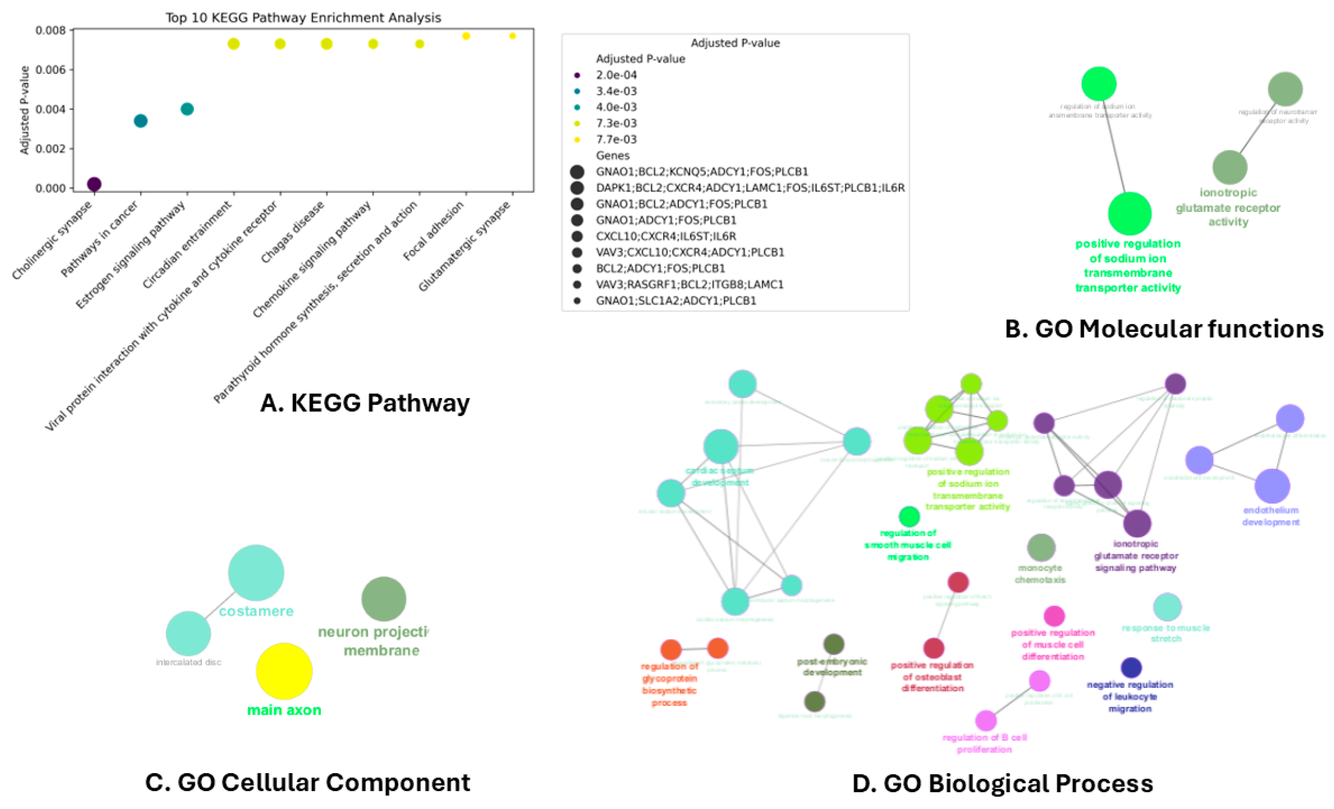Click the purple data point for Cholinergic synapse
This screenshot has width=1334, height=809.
tap(94, 184)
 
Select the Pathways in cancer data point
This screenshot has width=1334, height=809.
tap(140, 121)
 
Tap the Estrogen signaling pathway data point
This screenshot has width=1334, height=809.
tap(187, 109)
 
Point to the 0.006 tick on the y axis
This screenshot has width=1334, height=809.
tap(54, 70)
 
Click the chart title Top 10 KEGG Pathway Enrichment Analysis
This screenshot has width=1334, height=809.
tap(303, 18)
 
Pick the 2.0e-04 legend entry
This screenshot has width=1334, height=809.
tap(616, 75)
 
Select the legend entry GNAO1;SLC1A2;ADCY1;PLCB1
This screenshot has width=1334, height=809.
tap(676, 300)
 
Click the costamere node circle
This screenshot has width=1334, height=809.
tap(256, 573)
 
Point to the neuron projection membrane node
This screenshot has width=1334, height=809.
tap(383, 599)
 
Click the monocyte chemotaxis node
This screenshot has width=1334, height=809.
tap(1041, 548)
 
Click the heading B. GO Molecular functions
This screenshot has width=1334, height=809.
tap(1164, 329)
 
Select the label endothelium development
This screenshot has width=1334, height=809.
tap(1271, 516)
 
